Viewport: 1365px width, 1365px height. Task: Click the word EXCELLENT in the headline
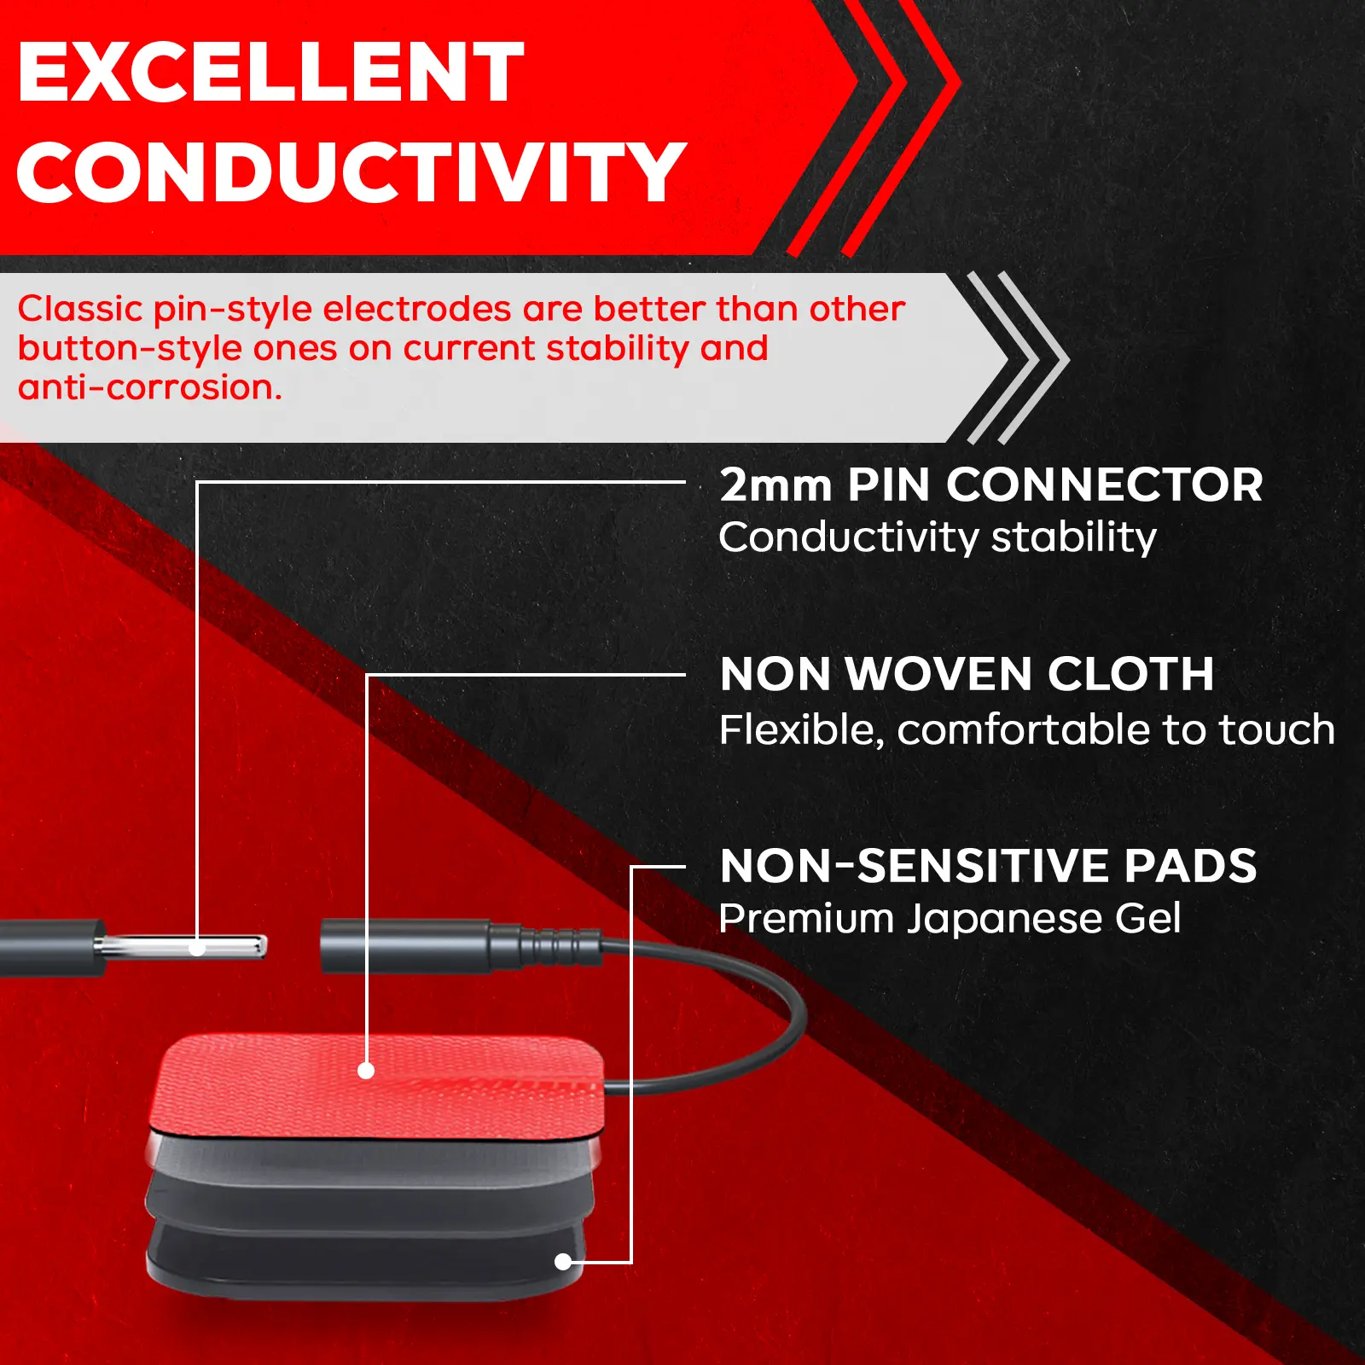270,73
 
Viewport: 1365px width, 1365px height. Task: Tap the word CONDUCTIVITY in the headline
351,172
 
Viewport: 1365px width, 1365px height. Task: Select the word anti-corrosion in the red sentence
149,387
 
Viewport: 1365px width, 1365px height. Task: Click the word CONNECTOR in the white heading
1105,485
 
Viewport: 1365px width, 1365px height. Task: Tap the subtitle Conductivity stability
938,537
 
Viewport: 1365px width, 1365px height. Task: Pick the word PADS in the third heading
1190,866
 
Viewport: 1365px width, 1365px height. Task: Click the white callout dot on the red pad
366,1071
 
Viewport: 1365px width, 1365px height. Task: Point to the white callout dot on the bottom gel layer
563,1262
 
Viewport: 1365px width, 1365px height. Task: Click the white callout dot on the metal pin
197,949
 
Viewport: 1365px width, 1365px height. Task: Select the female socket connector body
406,945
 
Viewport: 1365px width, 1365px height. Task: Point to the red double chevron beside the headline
874,128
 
